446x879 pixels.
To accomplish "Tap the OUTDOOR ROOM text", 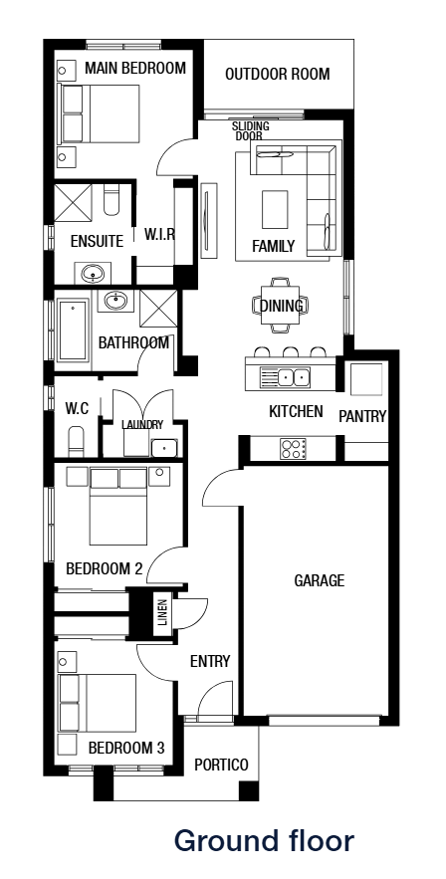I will click(277, 75).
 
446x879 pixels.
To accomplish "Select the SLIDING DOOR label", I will click(250, 131).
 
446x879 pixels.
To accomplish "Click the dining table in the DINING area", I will click(281, 306).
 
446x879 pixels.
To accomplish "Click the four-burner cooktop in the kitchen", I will click(292, 448).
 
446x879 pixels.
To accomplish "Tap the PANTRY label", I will click(362, 416).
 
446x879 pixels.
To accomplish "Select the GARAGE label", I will click(319, 580).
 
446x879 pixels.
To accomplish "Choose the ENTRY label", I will click(210, 661).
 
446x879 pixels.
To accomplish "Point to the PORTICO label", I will click(221, 766).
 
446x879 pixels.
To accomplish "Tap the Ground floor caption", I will click(264, 841).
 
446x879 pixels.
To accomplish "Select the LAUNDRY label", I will click(142, 425).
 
